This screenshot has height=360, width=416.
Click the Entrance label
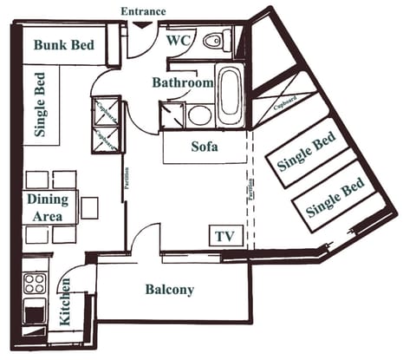(x=143, y=11)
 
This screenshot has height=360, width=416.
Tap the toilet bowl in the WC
(x=213, y=40)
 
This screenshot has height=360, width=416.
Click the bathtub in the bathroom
(x=230, y=96)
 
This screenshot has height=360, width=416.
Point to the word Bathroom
(x=182, y=83)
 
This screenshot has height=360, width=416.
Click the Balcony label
(x=169, y=290)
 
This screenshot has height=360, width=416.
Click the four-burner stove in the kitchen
(x=35, y=284)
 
